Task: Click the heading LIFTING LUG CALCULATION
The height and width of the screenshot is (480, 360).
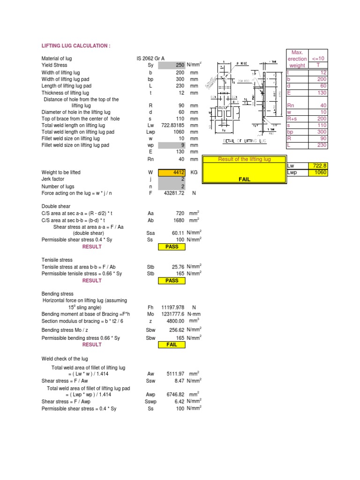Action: (x=76, y=45)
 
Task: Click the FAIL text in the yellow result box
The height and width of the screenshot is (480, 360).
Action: (x=244, y=179)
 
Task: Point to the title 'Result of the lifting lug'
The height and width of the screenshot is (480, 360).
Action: (x=244, y=159)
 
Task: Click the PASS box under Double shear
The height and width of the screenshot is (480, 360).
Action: (x=172, y=247)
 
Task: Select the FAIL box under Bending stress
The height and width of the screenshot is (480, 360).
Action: (x=172, y=345)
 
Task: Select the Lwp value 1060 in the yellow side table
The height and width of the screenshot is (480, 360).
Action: (x=321, y=172)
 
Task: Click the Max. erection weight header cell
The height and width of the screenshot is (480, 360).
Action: (x=297, y=59)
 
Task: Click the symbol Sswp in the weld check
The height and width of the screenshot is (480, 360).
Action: (x=150, y=402)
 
